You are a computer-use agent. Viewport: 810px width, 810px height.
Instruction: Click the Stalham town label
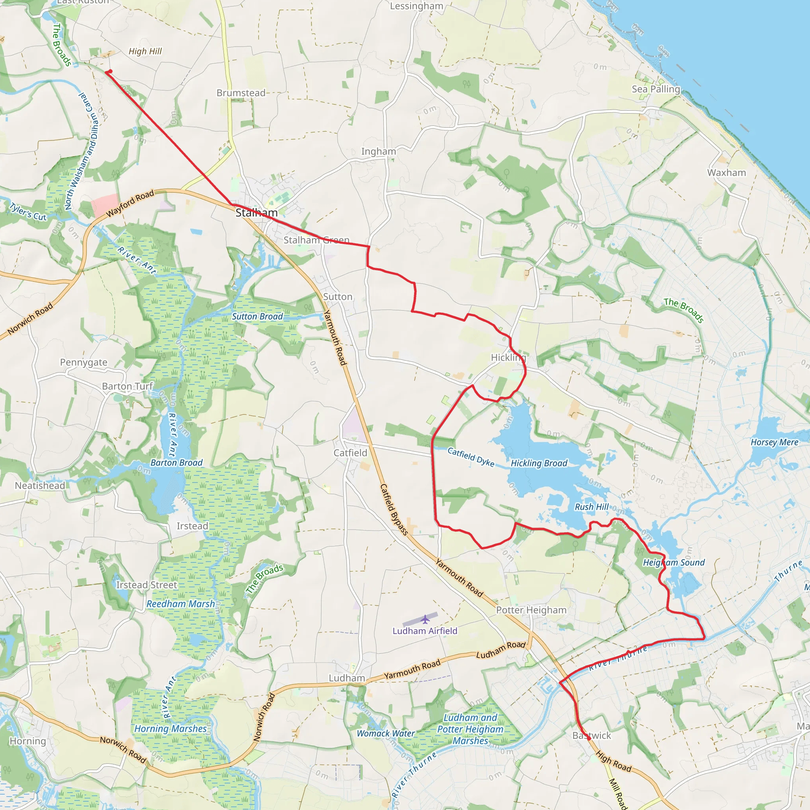257,213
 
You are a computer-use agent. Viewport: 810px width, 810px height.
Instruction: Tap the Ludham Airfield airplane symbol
426,619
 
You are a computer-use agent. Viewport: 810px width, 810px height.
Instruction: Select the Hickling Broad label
539,463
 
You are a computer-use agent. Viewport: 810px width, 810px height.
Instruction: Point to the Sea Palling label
656,89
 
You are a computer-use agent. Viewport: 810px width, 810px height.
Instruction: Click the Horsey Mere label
774,442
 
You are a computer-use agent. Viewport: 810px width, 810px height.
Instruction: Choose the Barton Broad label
176,463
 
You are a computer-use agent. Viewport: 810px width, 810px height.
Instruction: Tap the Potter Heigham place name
531,610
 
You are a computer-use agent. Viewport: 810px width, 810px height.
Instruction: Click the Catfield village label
350,453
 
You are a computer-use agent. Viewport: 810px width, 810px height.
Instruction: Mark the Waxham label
727,173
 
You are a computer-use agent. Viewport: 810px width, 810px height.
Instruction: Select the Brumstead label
241,93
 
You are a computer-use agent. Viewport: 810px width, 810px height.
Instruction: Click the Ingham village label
379,151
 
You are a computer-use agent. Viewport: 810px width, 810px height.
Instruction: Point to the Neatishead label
40,486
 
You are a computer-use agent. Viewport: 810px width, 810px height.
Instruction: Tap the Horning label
28,741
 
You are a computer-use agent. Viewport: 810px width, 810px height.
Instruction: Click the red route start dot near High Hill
110,71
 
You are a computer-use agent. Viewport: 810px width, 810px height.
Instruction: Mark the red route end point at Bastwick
589,739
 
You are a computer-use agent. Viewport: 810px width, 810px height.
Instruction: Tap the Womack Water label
385,733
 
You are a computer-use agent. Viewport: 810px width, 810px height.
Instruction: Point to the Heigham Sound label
674,563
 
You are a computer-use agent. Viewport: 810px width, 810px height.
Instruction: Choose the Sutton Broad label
257,316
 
